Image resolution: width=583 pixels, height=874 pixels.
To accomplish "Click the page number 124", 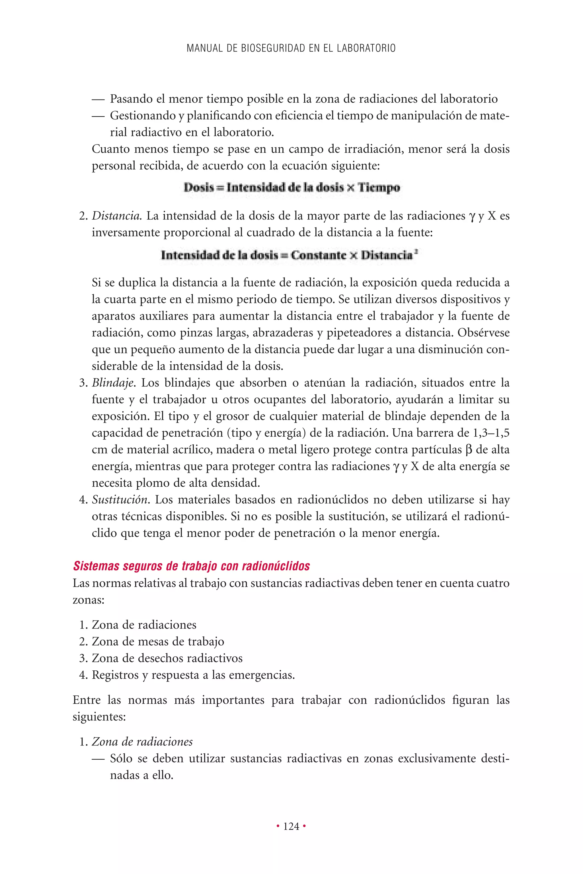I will (x=291, y=826).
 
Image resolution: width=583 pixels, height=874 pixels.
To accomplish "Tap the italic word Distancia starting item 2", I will (x=116, y=216).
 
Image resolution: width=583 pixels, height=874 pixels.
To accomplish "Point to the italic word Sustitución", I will (x=121, y=500).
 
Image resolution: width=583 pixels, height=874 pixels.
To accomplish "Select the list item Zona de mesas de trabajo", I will (x=158, y=641).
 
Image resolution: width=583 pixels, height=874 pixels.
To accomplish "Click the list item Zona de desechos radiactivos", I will (x=167, y=658).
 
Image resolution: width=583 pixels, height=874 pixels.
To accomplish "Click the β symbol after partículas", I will (x=469, y=450).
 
